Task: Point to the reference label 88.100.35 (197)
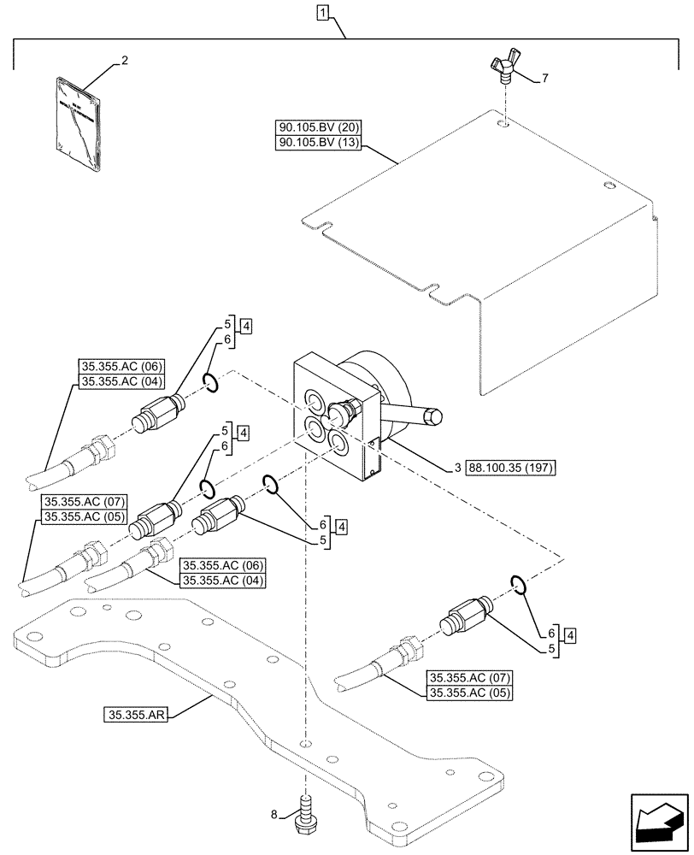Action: pos(507,468)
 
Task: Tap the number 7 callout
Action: pos(546,79)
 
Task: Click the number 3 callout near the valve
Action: pos(458,468)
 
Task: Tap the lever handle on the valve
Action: pos(415,417)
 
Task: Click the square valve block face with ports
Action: pos(328,419)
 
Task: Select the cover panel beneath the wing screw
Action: pos(479,231)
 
